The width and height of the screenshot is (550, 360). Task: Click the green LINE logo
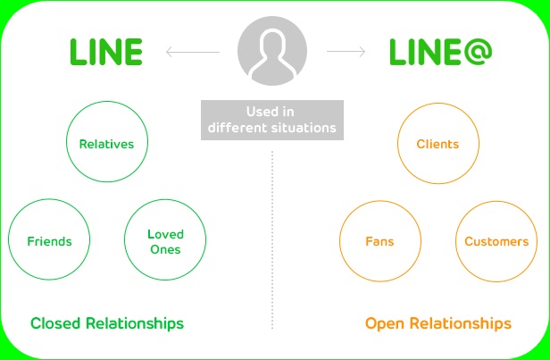click(106, 53)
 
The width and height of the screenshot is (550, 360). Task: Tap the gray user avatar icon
click(272, 51)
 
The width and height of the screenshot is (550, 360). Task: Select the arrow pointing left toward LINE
click(191, 53)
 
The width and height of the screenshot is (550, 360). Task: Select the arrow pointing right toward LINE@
click(346, 53)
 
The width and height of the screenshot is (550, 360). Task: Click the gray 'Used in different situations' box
click(272, 121)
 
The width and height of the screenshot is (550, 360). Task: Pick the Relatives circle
click(106, 143)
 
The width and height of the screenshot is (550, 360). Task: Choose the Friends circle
click(49, 241)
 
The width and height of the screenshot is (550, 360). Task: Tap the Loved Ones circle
click(164, 241)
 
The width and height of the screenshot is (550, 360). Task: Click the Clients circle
click(437, 143)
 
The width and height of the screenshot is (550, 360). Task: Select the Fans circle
click(379, 241)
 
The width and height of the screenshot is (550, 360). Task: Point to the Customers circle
click(496, 241)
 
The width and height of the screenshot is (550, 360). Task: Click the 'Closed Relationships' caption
click(106, 322)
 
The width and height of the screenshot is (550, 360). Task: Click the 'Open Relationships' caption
click(437, 322)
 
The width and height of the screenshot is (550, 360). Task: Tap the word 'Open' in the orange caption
click(383, 322)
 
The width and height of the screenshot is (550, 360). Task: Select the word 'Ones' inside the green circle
click(164, 249)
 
